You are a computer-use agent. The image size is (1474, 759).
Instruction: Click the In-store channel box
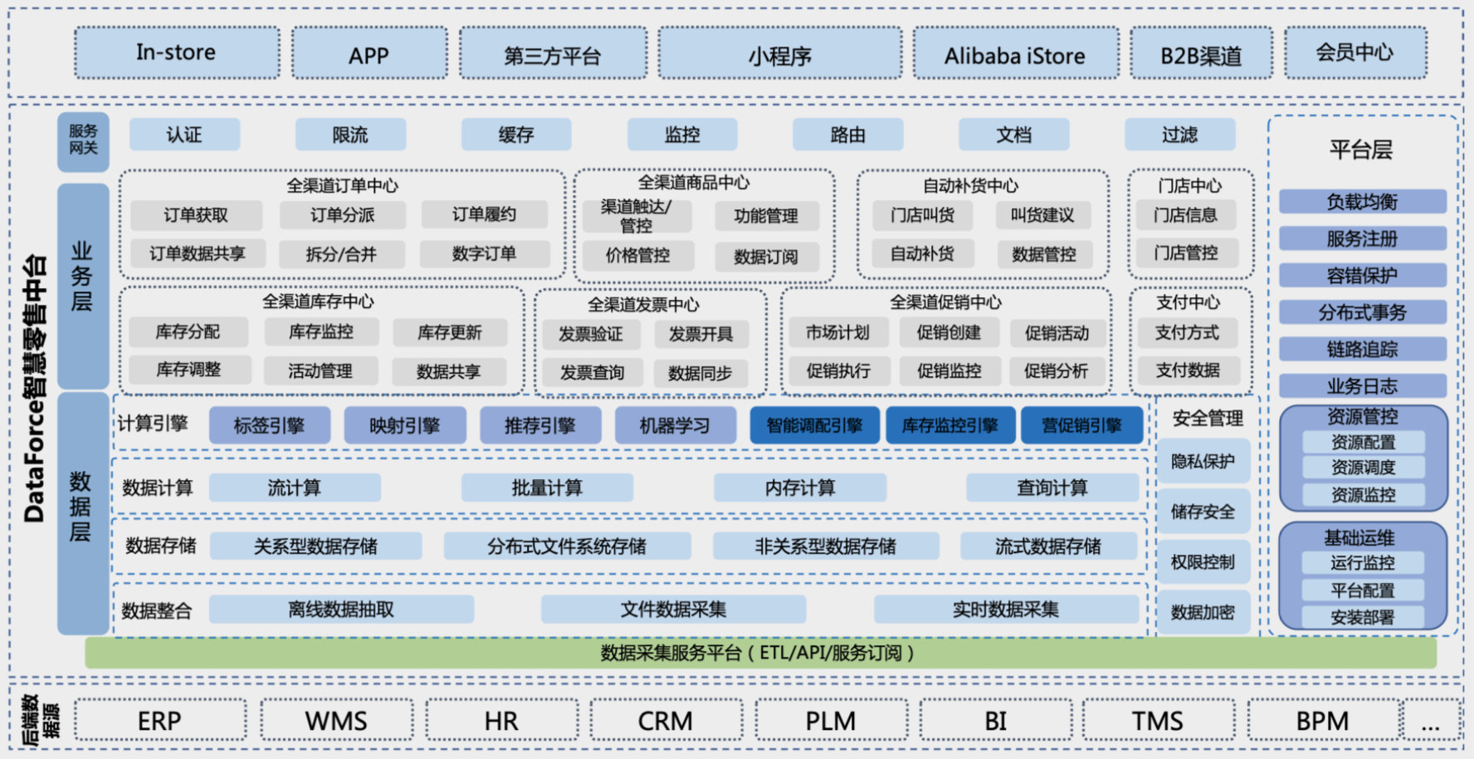pyautogui.click(x=177, y=53)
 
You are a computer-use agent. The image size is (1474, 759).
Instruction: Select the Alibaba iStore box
pyautogui.click(x=1015, y=55)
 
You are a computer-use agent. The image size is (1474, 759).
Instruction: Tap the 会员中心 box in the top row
pyautogui.click(x=1354, y=52)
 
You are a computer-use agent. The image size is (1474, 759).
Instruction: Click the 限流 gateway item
pyautogui.click(x=350, y=135)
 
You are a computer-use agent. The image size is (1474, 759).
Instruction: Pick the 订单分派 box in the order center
pyautogui.click(x=342, y=215)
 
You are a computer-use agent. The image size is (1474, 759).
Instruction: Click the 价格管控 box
pyautogui.click(x=637, y=256)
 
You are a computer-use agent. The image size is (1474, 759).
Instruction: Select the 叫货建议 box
pyautogui.click(x=1042, y=215)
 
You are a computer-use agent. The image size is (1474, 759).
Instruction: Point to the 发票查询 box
pyautogui.click(x=591, y=373)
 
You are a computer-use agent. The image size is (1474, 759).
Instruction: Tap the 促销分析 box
pyautogui.click(x=1056, y=371)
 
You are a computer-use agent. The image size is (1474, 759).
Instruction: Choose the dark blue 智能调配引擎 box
pyautogui.click(x=814, y=426)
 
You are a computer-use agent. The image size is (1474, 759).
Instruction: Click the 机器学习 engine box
pyautogui.click(x=675, y=426)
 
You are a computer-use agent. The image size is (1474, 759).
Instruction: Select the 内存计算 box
pyautogui.click(x=800, y=487)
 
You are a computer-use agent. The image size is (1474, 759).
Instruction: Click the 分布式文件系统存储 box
pyautogui.click(x=567, y=546)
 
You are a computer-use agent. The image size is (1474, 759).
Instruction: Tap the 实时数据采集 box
pyautogui.click(x=1005, y=610)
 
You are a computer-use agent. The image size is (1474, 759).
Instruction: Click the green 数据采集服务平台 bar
pyautogui.click(x=759, y=653)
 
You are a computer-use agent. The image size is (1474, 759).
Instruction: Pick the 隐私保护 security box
pyautogui.click(x=1203, y=462)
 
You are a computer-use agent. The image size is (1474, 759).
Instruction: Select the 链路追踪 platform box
pyautogui.click(x=1362, y=350)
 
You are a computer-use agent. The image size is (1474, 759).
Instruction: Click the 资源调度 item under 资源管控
pyautogui.click(x=1363, y=468)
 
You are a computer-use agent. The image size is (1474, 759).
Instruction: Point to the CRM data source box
pyautogui.click(x=666, y=721)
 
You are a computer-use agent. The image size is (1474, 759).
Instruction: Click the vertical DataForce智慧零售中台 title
pyautogui.click(x=35, y=389)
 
